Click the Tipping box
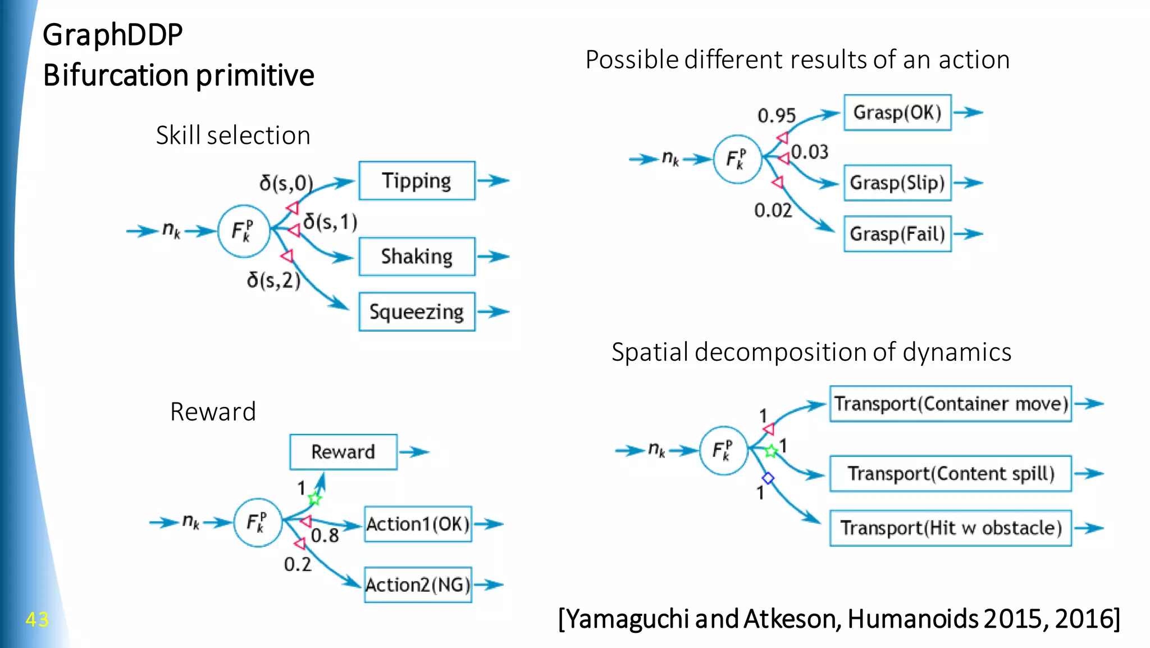tap(417, 181)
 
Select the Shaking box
tap(417, 257)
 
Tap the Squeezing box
tap(417, 312)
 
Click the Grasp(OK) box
tap(897, 113)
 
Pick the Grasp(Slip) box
tap(897, 183)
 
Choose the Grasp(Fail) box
tap(897, 234)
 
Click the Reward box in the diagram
tap(343, 452)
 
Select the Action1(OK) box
tap(418, 524)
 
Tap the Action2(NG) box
tap(418, 585)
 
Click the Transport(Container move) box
tap(950, 404)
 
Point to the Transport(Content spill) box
tap(950, 474)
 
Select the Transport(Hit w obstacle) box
tap(950, 528)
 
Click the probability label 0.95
tap(777, 116)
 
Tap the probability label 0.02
tap(773, 210)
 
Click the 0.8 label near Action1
tap(325, 536)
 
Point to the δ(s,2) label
tap(273, 280)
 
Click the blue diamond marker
tap(768, 478)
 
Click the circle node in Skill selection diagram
tap(244, 231)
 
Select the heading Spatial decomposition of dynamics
tap(811, 352)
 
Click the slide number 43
tap(37, 619)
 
